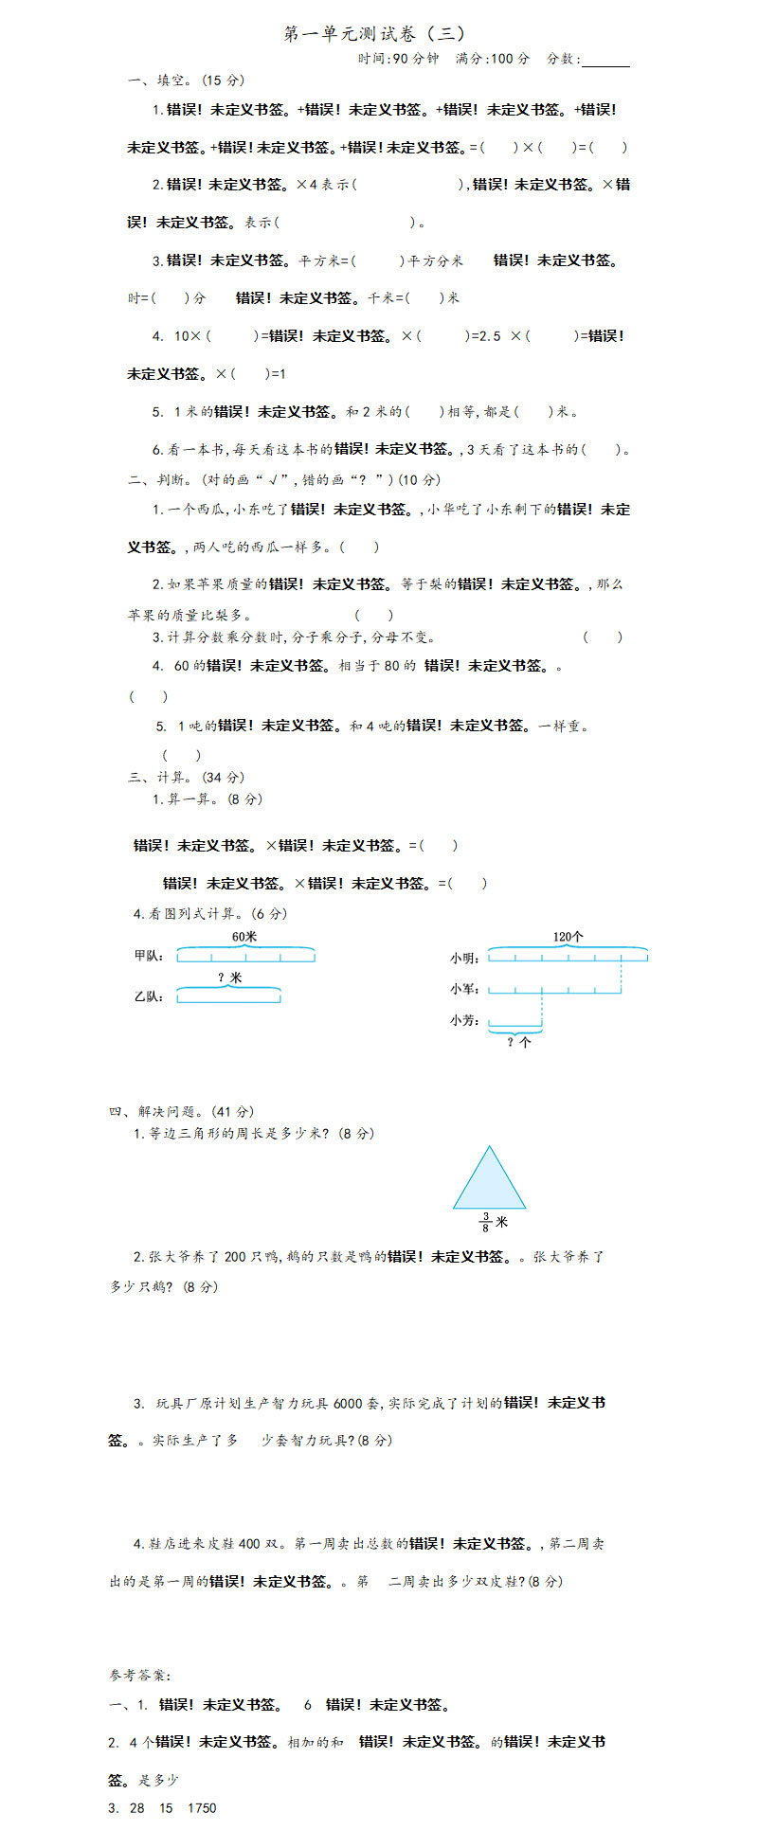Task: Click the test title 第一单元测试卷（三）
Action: click(x=374, y=34)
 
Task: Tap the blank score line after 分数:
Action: click(x=605, y=61)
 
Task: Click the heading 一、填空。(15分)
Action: click(x=186, y=81)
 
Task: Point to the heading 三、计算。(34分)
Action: click(x=186, y=778)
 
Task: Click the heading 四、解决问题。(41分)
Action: click(x=181, y=1111)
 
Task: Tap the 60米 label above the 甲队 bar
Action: click(x=244, y=937)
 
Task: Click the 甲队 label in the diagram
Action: click(x=149, y=957)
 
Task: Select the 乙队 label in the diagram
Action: click(x=149, y=996)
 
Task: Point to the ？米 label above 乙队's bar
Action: click(x=229, y=978)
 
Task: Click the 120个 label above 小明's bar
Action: click(x=568, y=937)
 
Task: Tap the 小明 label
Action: click(x=464, y=959)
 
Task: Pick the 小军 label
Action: click(x=464, y=990)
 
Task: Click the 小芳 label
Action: click(x=464, y=1021)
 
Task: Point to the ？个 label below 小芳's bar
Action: click(x=518, y=1042)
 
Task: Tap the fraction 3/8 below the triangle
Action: click(x=485, y=1222)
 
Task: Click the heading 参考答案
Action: click(x=140, y=1676)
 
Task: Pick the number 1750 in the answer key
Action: click(x=202, y=1808)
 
